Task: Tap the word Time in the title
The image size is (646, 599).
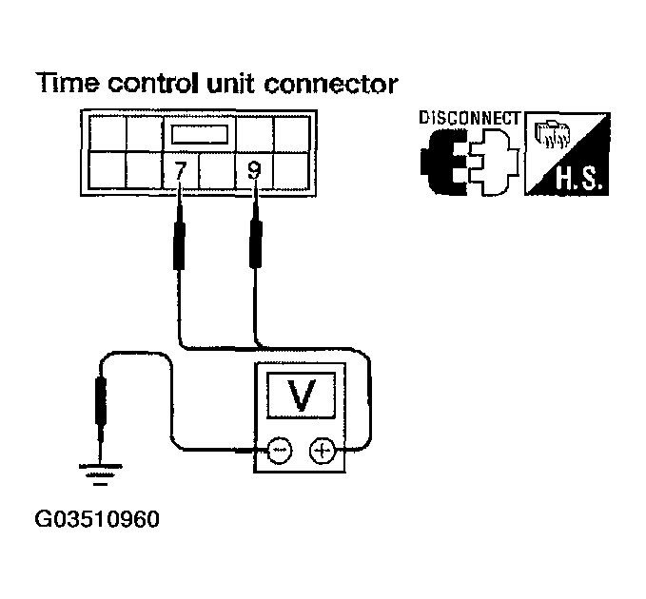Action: tap(68, 83)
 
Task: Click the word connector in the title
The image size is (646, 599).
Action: tap(331, 84)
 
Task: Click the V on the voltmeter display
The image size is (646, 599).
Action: tap(302, 395)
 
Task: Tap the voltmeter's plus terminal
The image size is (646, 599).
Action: tap(323, 451)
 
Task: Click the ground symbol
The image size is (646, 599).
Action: tap(101, 474)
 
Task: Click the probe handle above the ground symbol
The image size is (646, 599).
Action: tap(101, 401)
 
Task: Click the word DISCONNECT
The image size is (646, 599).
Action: tap(470, 118)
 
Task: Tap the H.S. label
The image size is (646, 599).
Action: tap(577, 179)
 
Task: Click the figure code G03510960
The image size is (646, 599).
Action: tap(97, 519)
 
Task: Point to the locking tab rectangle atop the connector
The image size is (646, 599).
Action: tap(200, 134)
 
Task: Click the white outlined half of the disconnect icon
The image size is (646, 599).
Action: tap(493, 163)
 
